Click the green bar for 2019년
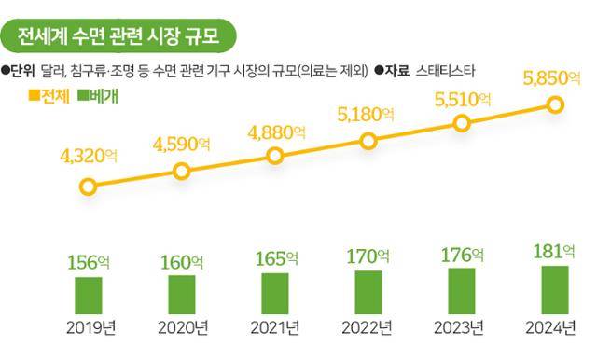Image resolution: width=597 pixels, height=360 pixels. click(89, 295)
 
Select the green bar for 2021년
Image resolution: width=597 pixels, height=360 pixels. click(275, 292)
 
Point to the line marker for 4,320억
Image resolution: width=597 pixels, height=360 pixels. click(89, 187)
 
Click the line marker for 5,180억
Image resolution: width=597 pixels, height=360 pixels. click(368, 142)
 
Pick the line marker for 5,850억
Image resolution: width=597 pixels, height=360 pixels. click(555, 104)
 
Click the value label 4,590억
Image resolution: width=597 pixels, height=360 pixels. click(182, 146)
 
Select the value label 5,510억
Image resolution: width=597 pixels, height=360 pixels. click(464, 97)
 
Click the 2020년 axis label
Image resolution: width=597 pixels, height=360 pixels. click(182, 327)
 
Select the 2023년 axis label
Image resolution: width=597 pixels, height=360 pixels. click(462, 327)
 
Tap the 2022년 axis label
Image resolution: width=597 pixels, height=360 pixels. click(368, 327)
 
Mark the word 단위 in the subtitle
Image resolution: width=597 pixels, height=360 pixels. click(24, 69)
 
